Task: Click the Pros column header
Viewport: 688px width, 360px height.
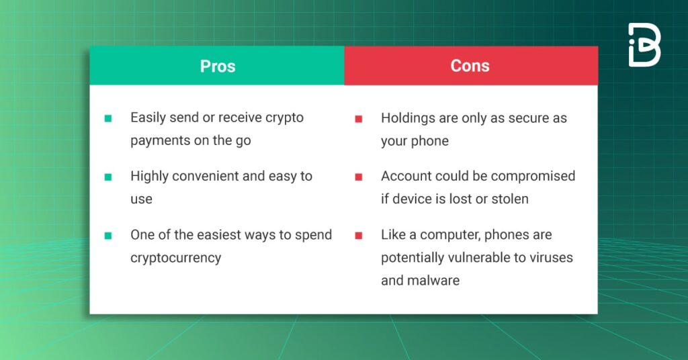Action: point(217,66)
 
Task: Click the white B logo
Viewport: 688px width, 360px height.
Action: point(644,45)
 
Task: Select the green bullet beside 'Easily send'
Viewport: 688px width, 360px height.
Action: point(108,118)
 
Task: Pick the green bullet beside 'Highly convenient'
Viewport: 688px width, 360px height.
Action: point(108,177)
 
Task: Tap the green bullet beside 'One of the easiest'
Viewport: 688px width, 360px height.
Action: point(108,236)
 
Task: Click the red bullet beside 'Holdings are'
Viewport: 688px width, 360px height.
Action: point(359,119)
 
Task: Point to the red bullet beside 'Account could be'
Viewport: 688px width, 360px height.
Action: point(359,177)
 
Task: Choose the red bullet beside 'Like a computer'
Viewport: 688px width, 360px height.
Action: point(359,236)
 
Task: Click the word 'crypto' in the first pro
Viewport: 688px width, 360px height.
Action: point(284,118)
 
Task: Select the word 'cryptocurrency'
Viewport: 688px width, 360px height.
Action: point(175,259)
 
